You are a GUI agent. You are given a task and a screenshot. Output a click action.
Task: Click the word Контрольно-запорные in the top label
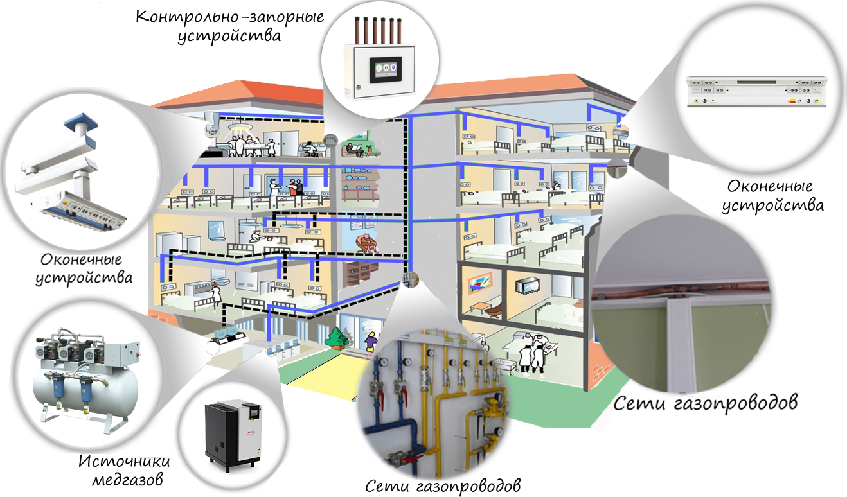pos(230,17)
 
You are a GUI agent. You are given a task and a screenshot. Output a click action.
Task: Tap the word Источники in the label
pos(124,462)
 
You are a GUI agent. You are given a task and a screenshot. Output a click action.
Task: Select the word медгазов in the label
pos(127,480)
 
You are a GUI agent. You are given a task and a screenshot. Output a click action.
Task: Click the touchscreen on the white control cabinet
pos(386,69)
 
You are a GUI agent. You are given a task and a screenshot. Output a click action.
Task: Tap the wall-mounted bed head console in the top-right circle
pos(756,92)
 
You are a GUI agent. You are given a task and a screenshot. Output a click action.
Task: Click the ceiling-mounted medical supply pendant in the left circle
pos(70,178)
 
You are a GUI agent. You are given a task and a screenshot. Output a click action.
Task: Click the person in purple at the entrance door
pos(371,342)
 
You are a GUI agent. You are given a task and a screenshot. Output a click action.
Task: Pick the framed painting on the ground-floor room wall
pos(480,283)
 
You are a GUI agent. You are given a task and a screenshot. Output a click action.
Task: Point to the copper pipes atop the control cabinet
pos(378,30)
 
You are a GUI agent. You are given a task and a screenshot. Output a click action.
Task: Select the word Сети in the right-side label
pos(639,403)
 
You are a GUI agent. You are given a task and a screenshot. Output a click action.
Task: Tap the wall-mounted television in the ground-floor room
pos(527,285)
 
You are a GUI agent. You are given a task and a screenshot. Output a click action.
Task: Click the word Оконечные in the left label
pos(81,259)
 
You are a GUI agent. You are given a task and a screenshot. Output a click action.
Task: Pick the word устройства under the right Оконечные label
pos(773,206)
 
